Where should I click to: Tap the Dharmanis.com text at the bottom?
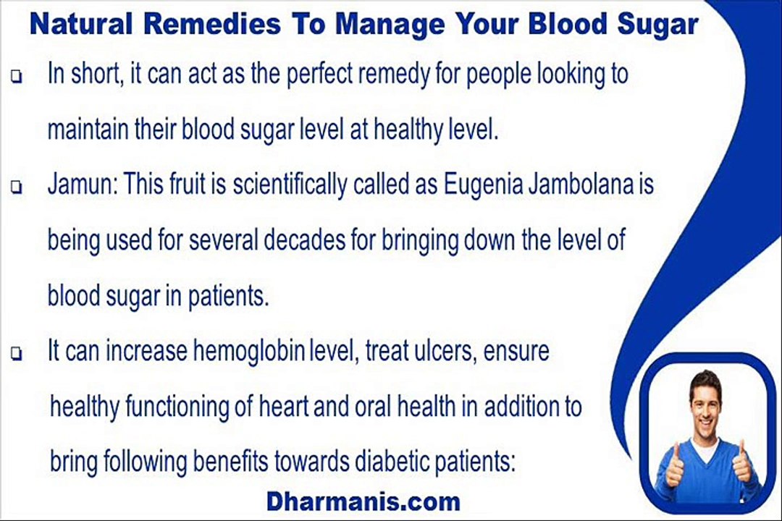pos(363,500)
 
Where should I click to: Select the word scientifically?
pos(287,186)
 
